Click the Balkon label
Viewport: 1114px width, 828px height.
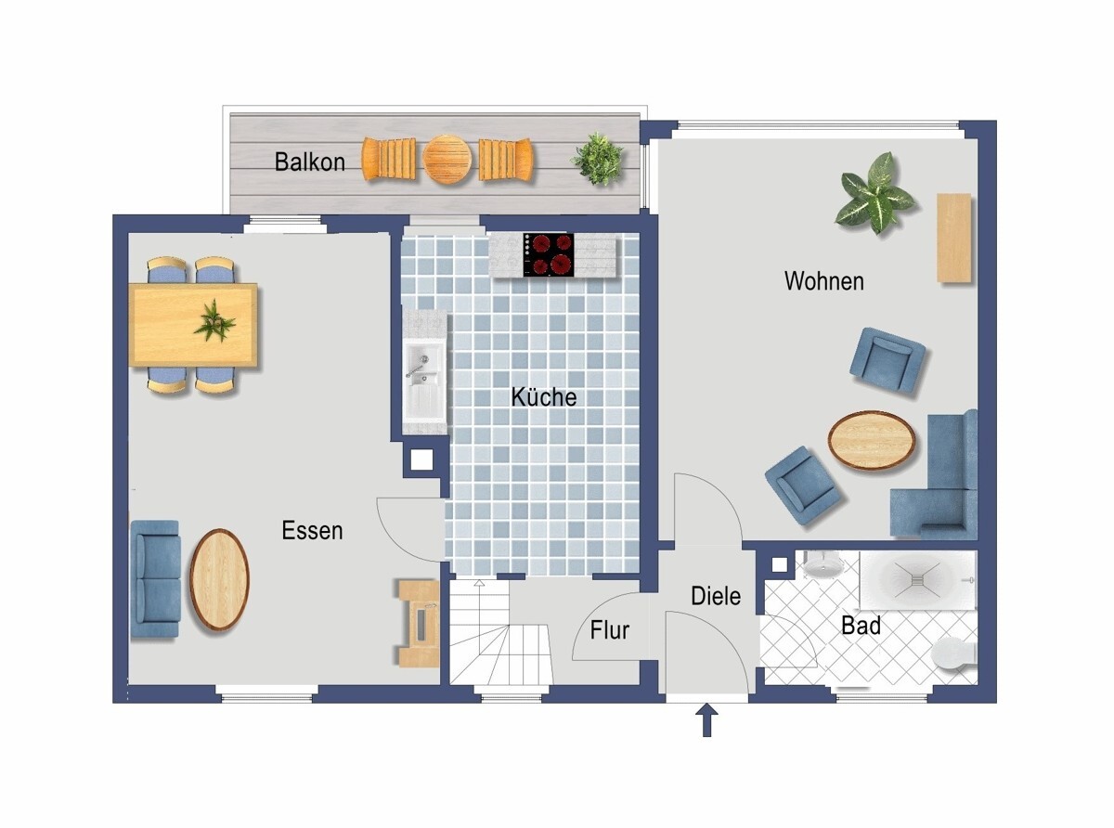pyautogui.click(x=309, y=162)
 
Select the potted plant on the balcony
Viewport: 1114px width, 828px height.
pyautogui.click(x=597, y=159)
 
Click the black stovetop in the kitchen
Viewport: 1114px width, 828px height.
pyautogui.click(x=549, y=254)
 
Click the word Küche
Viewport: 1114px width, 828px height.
pyautogui.click(x=544, y=397)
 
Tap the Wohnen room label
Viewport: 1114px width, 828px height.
pyautogui.click(x=823, y=281)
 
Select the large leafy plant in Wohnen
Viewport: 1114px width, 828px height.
pyautogui.click(x=874, y=192)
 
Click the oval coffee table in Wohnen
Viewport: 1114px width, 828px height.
pyautogui.click(x=872, y=440)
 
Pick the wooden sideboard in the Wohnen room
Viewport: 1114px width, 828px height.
pyautogui.click(x=953, y=238)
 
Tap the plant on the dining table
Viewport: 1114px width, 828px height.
pyautogui.click(x=214, y=321)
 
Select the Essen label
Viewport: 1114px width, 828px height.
pyautogui.click(x=312, y=531)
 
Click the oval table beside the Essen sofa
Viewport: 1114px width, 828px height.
pyautogui.click(x=219, y=580)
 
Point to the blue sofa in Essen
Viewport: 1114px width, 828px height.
pyautogui.click(x=155, y=579)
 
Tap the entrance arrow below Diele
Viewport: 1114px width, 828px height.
pyautogui.click(x=707, y=720)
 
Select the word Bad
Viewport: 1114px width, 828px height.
pyautogui.click(x=861, y=627)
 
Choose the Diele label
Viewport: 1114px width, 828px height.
pyautogui.click(x=716, y=596)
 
